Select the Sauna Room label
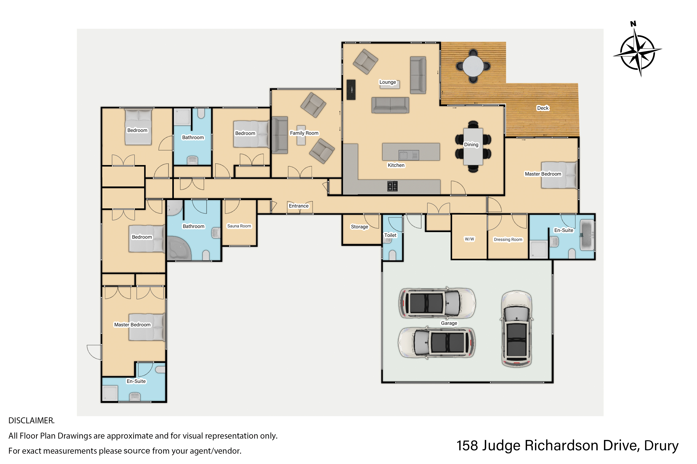pyautogui.click(x=239, y=226)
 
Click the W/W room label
pyautogui.click(x=470, y=239)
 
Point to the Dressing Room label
pyautogui.click(x=508, y=239)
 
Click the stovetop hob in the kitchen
pyautogui.click(x=392, y=186)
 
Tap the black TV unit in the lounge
pyautogui.click(x=351, y=90)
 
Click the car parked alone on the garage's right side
pyautogui.click(x=517, y=329)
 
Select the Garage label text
pyautogui.click(x=449, y=323)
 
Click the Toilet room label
pyautogui.click(x=390, y=235)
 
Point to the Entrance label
pyautogui.click(x=299, y=206)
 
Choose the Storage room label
pyautogui.click(x=359, y=227)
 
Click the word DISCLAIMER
pyautogui.click(x=31, y=421)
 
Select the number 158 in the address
pyautogui.click(x=467, y=446)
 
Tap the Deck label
pyautogui.click(x=543, y=108)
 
